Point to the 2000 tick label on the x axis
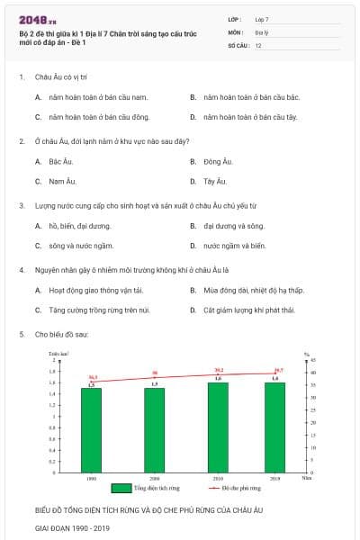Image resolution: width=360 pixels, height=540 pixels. tap(155, 478)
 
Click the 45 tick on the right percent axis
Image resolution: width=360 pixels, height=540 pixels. tap(312, 359)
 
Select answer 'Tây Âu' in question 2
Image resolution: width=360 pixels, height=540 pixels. tap(214, 181)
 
